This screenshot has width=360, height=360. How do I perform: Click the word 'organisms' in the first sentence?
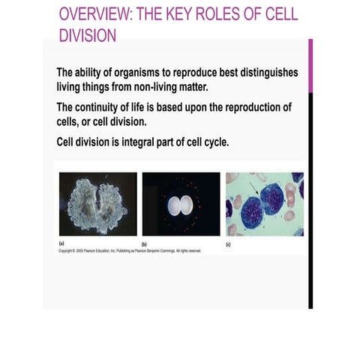click(x=144, y=73)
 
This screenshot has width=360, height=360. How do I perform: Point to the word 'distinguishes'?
click(x=265, y=73)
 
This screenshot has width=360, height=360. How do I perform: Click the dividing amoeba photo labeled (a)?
click(x=97, y=204)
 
